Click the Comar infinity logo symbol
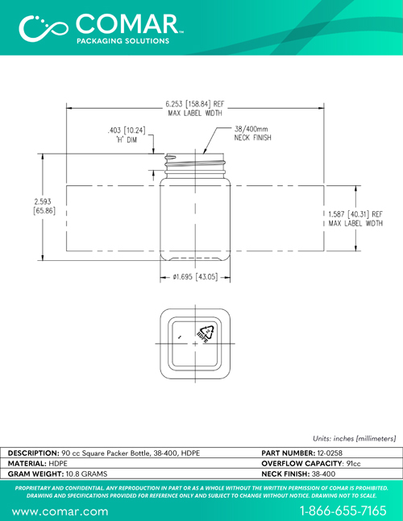coord(44,28)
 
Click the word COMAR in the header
coord(127,24)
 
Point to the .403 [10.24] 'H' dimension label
coord(127,134)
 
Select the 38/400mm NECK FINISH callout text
coord(253,133)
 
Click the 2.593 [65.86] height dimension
coord(44,206)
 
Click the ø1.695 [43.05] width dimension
coord(195,277)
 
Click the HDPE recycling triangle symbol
coord(206,333)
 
